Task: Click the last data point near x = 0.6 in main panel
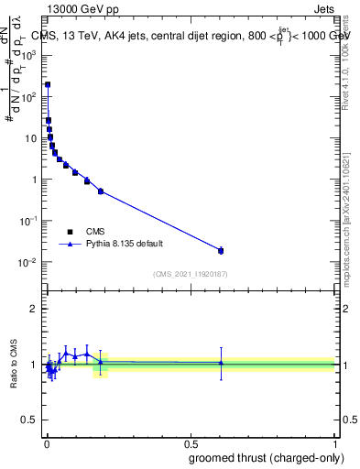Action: tap(221, 250)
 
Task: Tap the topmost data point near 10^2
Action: tap(48, 84)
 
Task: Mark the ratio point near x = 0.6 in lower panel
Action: tap(221, 363)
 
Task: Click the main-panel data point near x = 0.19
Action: tap(101, 191)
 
